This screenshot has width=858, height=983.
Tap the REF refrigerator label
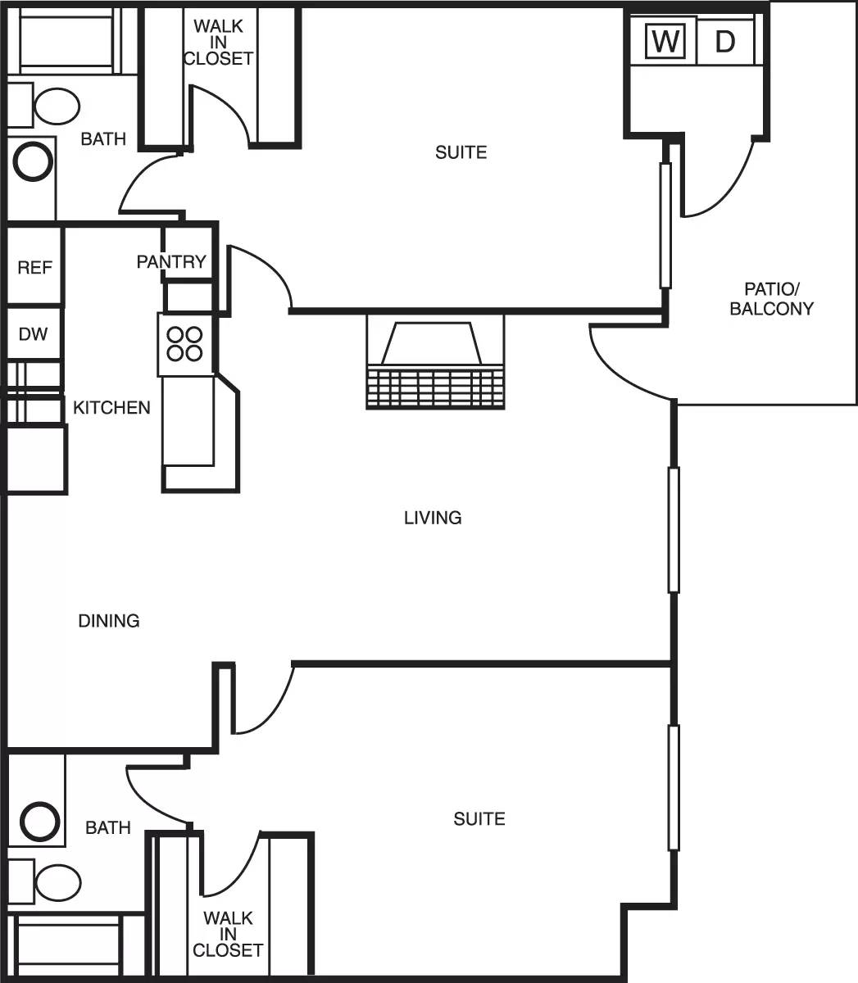coord(34,268)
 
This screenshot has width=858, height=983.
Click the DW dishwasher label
coord(34,334)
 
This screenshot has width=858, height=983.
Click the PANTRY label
coord(170,261)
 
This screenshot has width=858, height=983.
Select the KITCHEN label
coord(111,407)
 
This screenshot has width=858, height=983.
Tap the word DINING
coord(109,621)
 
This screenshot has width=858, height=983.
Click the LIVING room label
coord(433,518)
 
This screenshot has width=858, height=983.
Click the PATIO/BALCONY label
coord(771,299)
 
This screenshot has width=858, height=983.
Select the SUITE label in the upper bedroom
coord(461,152)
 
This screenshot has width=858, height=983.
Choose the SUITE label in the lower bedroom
coord(479,818)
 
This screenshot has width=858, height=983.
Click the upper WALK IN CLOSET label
coord(218,43)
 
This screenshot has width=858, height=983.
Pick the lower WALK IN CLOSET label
coord(228,934)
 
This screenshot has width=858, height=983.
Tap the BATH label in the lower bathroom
coord(108,828)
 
